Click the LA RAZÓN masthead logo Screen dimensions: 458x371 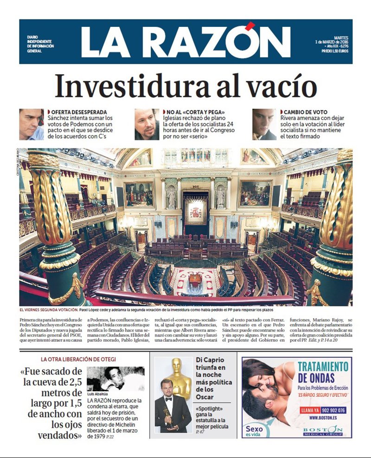point(185,42)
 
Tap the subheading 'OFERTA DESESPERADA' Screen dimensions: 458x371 point(79,112)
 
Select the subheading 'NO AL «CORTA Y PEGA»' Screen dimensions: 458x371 point(195,112)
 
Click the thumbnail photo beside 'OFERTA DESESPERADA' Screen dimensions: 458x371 point(32,124)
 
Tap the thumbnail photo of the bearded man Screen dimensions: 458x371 point(147,124)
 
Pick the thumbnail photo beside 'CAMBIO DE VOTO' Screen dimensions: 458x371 point(264,124)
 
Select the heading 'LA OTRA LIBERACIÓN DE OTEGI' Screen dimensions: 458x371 point(78,359)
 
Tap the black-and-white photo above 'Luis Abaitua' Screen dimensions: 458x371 point(115,379)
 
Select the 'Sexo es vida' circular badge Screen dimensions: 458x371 point(254,430)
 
